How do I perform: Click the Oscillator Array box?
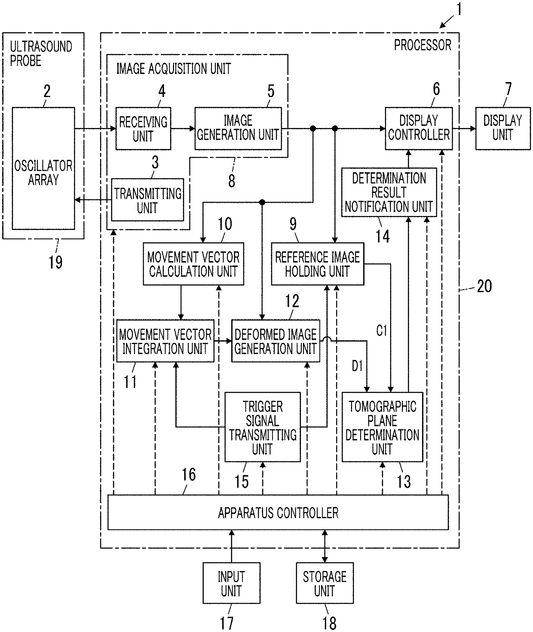click(43, 168)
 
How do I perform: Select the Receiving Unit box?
click(143, 128)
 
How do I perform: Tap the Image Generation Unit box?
click(238, 128)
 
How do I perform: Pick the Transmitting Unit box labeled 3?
click(147, 200)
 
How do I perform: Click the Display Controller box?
click(419, 128)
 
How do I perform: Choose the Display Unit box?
click(503, 128)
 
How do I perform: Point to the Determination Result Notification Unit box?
click(389, 192)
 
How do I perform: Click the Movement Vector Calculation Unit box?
click(193, 264)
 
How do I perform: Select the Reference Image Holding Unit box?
click(318, 264)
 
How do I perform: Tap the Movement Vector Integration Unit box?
click(165, 341)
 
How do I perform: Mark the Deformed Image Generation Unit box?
click(276, 341)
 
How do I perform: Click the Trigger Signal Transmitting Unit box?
click(263, 427)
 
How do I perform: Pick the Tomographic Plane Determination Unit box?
click(383, 427)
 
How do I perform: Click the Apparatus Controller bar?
click(278, 513)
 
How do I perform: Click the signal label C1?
click(382, 330)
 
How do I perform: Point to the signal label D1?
click(357, 366)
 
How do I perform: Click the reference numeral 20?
click(484, 286)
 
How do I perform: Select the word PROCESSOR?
click(423, 45)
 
